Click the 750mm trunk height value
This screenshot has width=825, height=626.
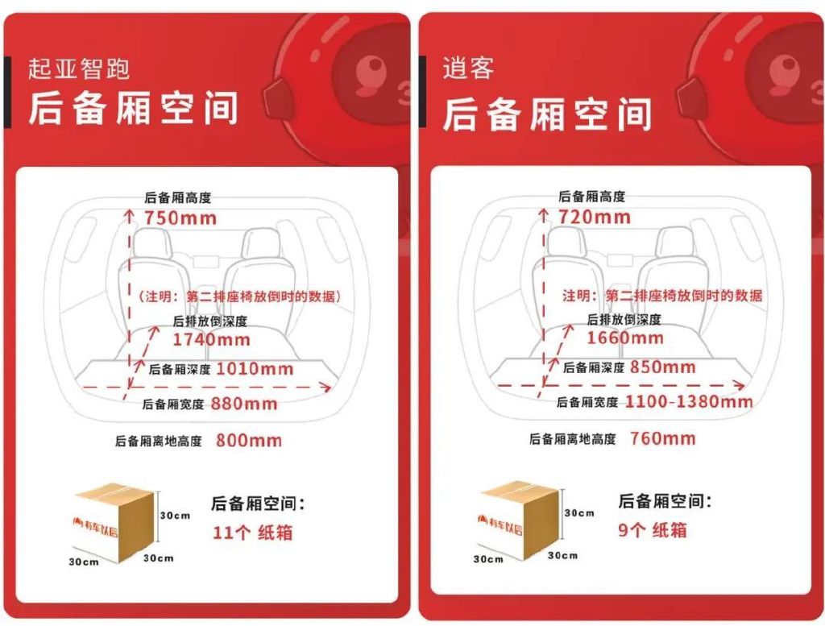tap(180, 218)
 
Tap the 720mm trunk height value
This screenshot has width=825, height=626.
tap(595, 217)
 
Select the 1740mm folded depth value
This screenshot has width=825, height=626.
tap(211, 339)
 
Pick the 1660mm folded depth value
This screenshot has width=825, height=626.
tap(624, 338)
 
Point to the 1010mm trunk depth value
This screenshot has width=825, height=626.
tap(255, 370)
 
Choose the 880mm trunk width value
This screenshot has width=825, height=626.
tap(244, 404)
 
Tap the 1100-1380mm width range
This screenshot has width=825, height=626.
tap(689, 401)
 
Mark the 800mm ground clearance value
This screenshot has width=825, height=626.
tap(249, 441)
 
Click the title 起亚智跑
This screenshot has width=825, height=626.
tap(79, 69)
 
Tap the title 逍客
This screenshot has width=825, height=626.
tap(468, 68)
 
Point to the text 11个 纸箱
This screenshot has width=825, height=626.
tap(252, 533)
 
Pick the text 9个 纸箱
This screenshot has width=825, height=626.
tap(653, 530)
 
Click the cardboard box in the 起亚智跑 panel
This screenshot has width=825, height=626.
tap(114, 523)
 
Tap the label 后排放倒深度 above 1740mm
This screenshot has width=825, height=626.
tap(210, 321)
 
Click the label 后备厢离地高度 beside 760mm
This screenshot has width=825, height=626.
tap(572, 439)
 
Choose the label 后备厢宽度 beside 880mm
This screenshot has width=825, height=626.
tap(175, 404)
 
